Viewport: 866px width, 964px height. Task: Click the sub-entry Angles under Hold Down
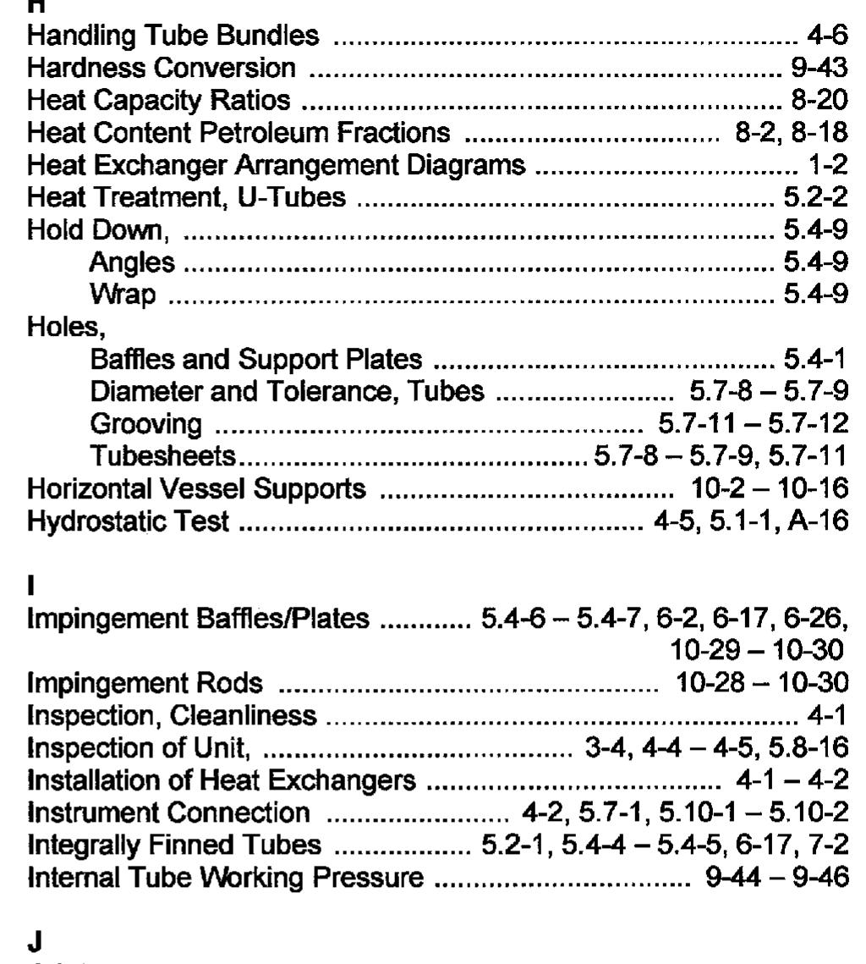[133, 263]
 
